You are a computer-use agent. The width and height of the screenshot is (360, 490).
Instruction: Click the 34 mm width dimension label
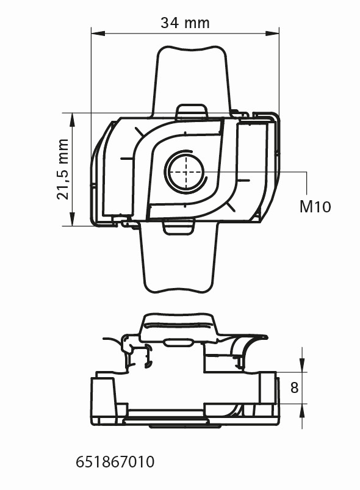(185, 23)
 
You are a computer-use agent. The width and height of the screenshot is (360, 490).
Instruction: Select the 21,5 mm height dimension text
(62, 169)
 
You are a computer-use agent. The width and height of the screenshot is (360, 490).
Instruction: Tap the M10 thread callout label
(315, 207)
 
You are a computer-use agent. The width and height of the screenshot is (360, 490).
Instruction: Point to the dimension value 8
(294, 387)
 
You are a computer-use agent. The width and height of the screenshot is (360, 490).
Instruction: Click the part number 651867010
(115, 462)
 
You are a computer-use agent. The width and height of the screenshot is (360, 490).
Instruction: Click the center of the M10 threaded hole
(186, 171)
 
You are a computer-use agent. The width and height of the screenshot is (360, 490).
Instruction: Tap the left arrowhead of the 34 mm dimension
(98, 33)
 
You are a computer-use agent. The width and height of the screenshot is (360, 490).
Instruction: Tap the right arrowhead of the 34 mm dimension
(272, 33)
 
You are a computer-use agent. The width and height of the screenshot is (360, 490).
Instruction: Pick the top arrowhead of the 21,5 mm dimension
(72, 120)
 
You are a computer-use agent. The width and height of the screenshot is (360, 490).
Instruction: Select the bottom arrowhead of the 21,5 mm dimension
(72, 218)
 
